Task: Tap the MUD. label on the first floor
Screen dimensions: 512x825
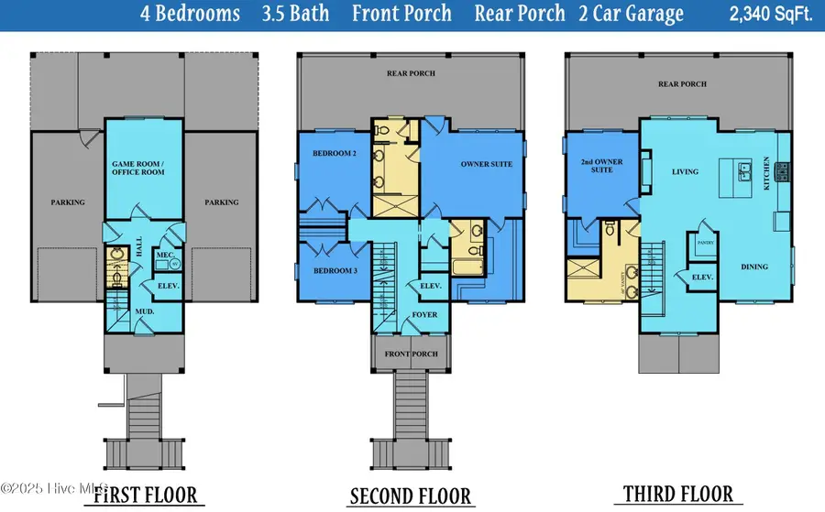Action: coord(143,311)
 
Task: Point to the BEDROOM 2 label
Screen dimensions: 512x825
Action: coord(334,154)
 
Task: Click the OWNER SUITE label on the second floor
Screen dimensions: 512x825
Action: coord(486,164)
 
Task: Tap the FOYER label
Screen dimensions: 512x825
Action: coord(423,315)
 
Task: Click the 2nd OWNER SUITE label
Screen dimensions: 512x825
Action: coord(602,166)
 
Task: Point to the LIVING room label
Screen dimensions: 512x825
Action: coord(685,171)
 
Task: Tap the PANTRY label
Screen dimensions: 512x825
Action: coord(706,243)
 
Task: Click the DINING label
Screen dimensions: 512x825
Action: coord(754,267)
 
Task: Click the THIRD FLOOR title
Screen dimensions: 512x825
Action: coord(678,494)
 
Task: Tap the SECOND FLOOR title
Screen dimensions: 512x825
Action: coord(410,496)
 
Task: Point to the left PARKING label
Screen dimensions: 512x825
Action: coord(68,202)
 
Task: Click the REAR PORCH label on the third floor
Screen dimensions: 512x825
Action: coord(682,84)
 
